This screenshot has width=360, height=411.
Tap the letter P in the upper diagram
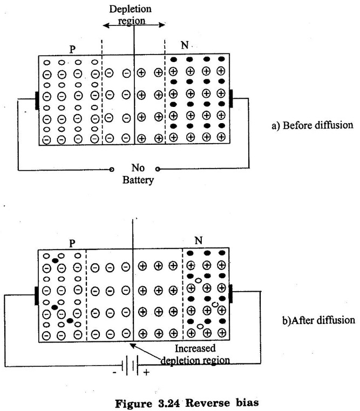pos(72,48)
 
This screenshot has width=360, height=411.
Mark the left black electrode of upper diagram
pos(37,99)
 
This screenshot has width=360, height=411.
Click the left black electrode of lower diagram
pos(37,295)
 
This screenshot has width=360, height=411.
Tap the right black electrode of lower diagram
pos(231,295)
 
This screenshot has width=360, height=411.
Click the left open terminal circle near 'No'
pos(112,169)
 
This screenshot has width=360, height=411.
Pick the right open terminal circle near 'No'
pos(158,169)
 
